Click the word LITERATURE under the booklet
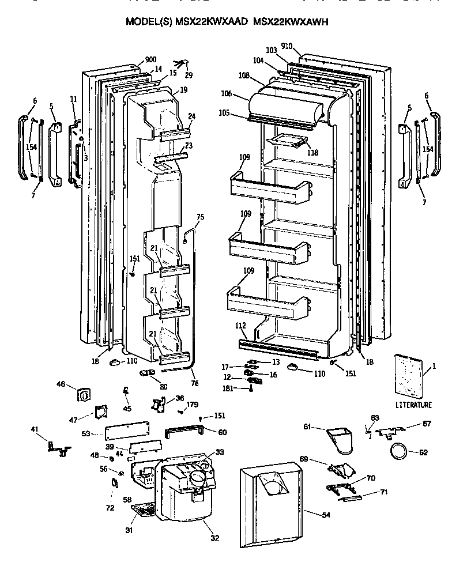pos(414,405)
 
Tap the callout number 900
pos(150,60)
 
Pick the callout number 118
pos(313,153)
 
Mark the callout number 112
pos(241,325)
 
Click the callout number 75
pos(200,217)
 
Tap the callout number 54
pos(326,514)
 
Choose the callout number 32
pos(214,538)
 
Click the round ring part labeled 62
pos(398,451)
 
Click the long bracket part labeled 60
pos(184,431)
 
